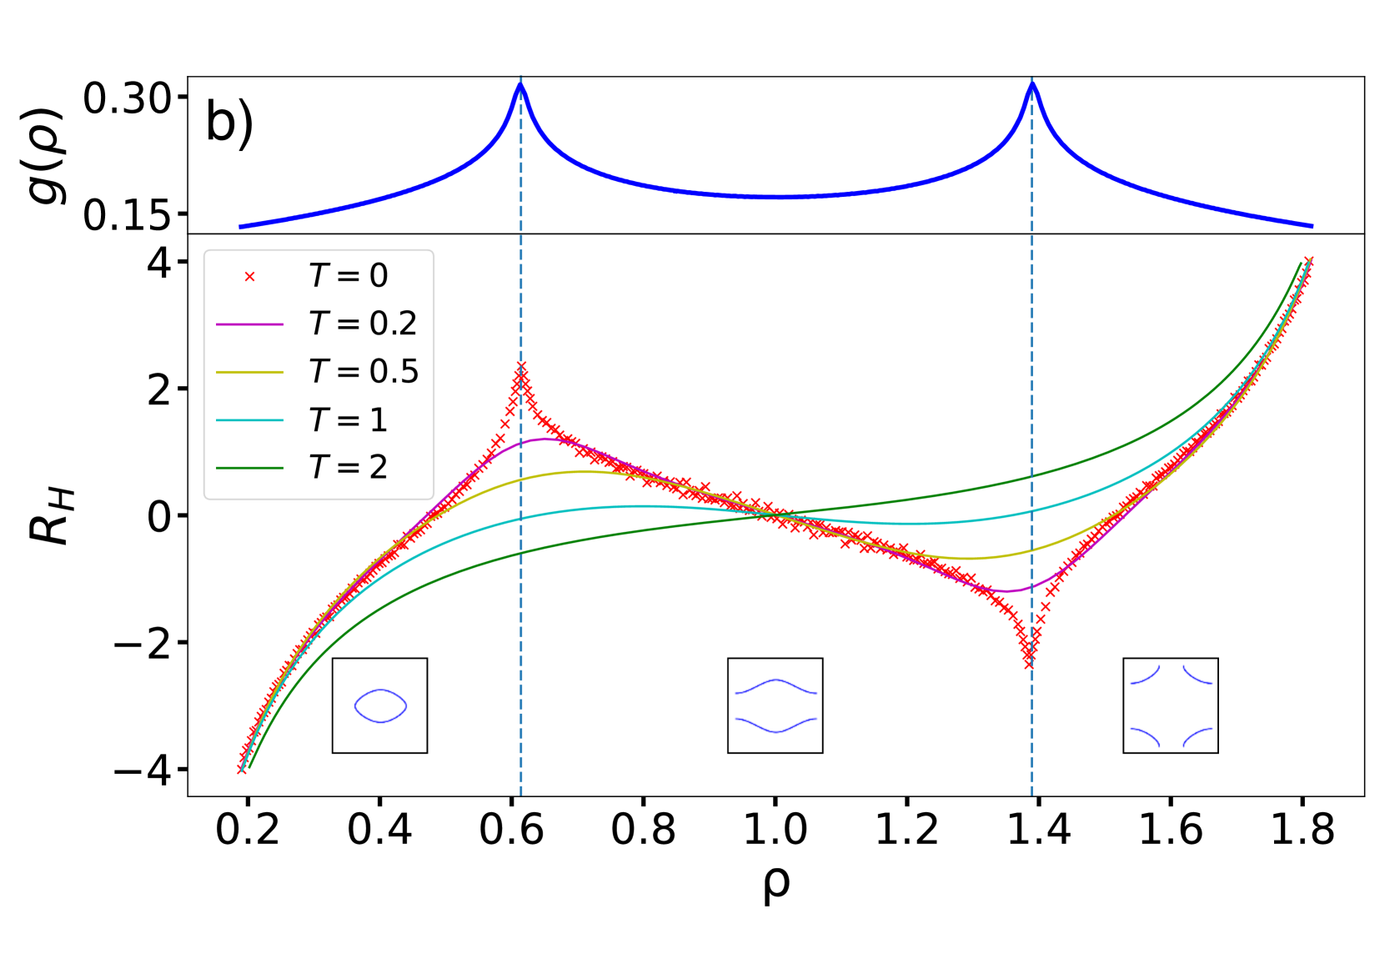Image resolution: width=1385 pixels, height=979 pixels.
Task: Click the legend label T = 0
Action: (x=349, y=276)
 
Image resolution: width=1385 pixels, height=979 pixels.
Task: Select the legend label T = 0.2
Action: (x=363, y=324)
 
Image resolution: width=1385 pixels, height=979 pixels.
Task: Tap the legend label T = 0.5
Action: (x=364, y=372)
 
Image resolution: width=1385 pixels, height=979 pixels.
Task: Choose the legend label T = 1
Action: (x=349, y=420)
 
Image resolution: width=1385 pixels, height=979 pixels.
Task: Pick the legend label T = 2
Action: (x=349, y=468)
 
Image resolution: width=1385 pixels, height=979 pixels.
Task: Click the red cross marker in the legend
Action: (x=249, y=277)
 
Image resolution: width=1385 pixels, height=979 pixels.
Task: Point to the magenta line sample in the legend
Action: (x=249, y=324)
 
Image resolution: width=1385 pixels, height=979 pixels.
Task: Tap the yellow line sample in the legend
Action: (x=249, y=373)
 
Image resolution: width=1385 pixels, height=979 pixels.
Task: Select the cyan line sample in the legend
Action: (x=249, y=420)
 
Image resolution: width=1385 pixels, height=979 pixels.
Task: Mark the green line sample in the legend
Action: (x=249, y=469)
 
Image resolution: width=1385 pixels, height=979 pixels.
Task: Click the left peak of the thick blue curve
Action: (x=521, y=83)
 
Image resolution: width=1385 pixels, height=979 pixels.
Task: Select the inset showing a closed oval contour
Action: (x=379, y=705)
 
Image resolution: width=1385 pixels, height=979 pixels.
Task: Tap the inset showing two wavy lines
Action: (x=775, y=705)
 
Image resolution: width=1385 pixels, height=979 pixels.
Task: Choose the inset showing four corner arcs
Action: (x=1170, y=705)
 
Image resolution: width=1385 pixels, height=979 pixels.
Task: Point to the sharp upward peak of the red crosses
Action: (x=521, y=369)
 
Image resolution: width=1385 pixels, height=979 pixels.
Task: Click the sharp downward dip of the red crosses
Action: (x=1030, y=661)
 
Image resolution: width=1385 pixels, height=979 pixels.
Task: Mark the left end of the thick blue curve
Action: (x=240, y=227)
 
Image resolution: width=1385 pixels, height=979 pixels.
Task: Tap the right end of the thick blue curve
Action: (x=1312, y=226)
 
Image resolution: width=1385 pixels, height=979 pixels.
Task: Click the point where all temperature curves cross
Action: (x=771, y=515)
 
